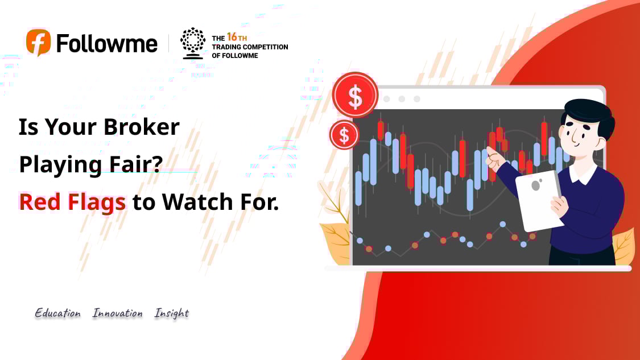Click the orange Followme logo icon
click(x=38, y=42)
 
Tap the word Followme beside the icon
click(x=106, y=43)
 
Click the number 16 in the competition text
click(x=232, y=37)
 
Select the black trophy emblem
click(x=193, y=43)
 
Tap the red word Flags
click(x=97, y=202)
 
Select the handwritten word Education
click(x=57, y=313)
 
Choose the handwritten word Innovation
click(x=118, y=313)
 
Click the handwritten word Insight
click(x=171, y=313)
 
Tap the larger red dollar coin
click(x=355, y=95)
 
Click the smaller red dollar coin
click(x=344, y=135)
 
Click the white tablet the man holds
click(x=538, y=200)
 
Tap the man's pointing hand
click(x=496, y=159)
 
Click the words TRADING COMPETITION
click(x=250, y=47)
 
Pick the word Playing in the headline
click(x=60, y=165)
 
